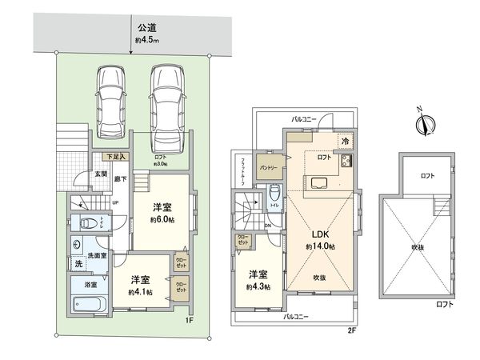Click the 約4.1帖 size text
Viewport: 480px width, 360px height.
point(141,291)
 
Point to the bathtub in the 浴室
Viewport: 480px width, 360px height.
point(89,304)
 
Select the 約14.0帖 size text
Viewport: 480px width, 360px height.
point(320,247)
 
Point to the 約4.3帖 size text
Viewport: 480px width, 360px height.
point(258,286)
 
